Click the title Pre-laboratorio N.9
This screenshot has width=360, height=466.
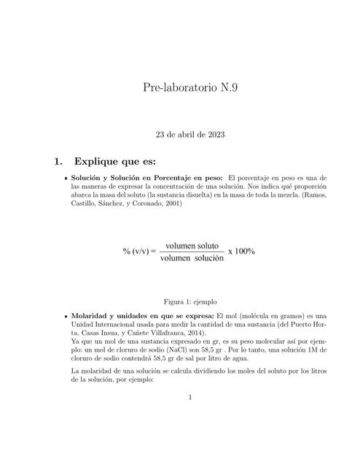pos(190,89)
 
